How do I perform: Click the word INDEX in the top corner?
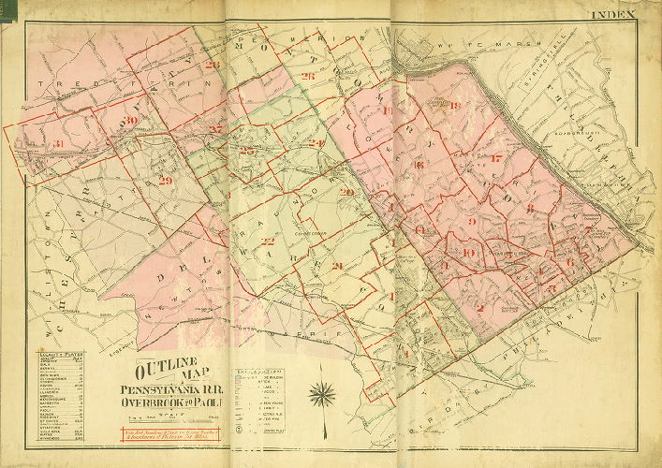pos(613,15)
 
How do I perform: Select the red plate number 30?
pos(131,121)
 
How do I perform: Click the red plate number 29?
pos(166,181)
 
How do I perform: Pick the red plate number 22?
pos(268,242)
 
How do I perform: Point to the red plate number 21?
pos(337,266)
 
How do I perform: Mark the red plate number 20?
pos(346,192)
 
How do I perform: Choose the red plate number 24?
pos(316,142)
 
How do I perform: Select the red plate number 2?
pos(479,308)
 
